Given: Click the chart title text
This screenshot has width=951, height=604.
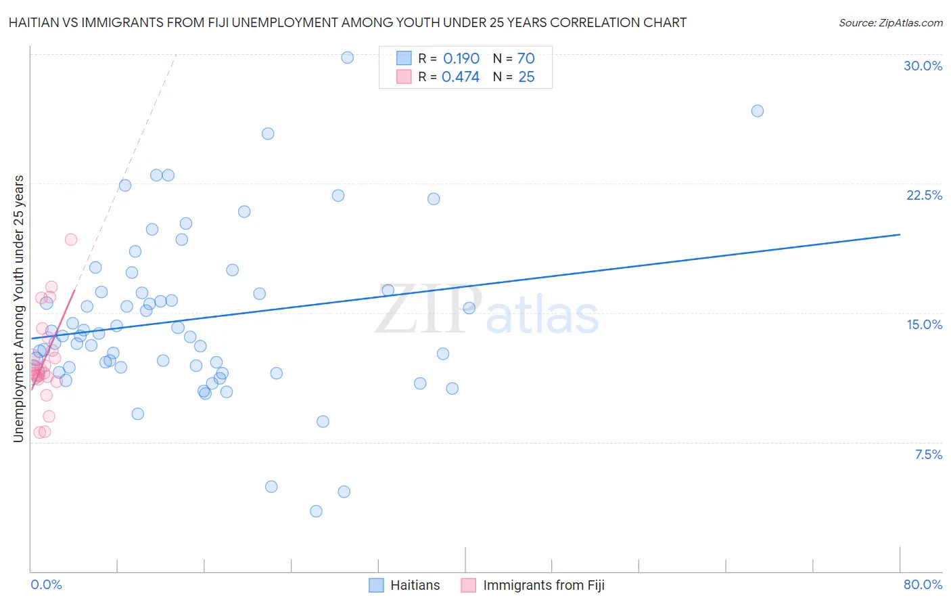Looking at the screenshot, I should click(348, 22).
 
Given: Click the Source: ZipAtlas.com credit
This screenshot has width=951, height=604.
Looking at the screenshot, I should click(890, 22).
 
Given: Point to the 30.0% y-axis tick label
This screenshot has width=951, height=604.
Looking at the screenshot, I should click(923, 66).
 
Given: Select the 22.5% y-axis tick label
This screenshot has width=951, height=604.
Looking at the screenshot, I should click(924, 195).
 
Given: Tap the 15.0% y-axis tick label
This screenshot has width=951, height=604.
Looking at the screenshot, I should click(924, 324).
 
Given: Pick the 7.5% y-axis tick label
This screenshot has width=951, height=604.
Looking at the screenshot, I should click(928, 454).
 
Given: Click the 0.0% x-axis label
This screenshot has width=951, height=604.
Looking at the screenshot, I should click(46, 584).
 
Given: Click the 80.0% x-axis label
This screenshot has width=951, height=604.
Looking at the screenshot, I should click(923, 584).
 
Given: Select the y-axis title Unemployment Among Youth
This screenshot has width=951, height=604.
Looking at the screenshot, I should click(18, 309).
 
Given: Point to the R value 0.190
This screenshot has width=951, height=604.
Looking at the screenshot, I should click(461, 59).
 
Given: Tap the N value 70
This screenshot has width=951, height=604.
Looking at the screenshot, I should click(526, 59).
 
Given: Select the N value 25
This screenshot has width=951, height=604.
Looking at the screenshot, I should click(526, 77).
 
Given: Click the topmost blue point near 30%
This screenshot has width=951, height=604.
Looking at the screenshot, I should click(347, 58).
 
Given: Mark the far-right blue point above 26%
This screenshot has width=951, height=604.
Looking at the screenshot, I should click(757, 111).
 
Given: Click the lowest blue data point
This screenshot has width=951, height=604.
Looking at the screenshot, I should click(316, 511).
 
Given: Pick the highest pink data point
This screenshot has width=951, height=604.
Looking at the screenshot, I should click(70, 240).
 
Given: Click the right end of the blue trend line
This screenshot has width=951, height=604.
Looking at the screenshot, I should click(900, 234).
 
